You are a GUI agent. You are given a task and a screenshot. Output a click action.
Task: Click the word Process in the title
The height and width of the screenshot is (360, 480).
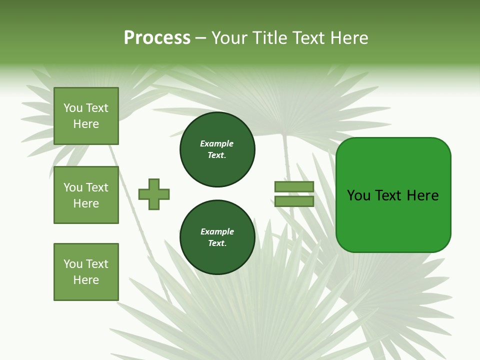coord(157,38)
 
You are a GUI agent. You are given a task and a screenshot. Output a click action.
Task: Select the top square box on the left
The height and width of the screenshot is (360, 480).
coord(86,116)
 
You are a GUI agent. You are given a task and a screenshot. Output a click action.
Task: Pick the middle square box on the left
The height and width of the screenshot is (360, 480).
coord(86,195)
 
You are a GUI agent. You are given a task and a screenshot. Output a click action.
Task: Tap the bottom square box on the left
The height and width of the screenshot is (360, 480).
coord(86,272)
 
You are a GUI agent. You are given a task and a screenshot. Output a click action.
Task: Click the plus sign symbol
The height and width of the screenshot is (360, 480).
coord(154,194)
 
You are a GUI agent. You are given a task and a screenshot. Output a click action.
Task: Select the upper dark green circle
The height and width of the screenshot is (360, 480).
coord(217,149)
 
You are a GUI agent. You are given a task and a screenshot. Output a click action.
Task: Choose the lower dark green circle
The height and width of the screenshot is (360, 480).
coord(217,237)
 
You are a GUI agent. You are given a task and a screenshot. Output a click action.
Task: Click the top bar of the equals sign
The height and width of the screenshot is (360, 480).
coord(294,187)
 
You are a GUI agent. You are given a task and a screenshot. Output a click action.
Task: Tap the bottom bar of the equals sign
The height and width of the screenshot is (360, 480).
coord(294,201)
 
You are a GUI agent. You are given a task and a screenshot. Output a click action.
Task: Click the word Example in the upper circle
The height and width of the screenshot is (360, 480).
coord(217,144)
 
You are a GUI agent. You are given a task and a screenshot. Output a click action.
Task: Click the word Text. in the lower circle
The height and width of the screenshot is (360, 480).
coord(217,243)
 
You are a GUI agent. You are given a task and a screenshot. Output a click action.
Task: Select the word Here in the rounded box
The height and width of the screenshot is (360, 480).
coord(423,195)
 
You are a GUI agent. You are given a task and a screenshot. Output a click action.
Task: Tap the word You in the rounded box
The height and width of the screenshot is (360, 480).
coord(358,195)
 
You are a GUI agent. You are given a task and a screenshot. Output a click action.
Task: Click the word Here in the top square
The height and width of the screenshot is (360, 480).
coord(86,124)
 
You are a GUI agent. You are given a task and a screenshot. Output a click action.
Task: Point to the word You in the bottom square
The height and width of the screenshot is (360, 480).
coord(73,264)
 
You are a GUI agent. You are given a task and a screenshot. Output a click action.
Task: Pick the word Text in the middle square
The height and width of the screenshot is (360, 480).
coord(97,187)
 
